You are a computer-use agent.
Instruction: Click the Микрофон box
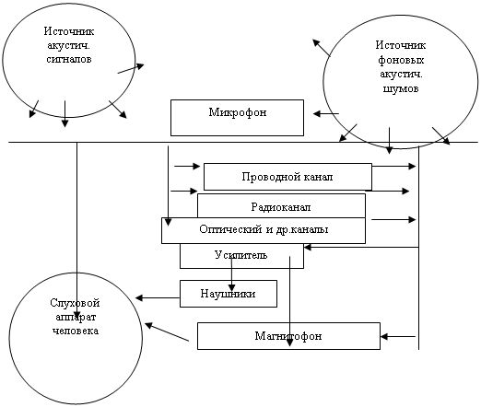(x=237, y=118)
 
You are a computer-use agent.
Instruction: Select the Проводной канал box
(x=287, y=177)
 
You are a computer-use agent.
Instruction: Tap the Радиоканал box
(x=281, y=205)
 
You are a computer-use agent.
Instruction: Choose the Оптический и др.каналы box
(x=264, y=230)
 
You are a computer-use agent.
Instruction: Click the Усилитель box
(x=241, y=256)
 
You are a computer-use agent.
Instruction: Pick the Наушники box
(x=229, y=294)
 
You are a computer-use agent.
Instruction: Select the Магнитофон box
(x=288, y=336)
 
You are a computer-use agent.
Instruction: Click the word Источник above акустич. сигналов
(x=69, y=31)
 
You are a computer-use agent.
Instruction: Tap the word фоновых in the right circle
(x=401, y=60)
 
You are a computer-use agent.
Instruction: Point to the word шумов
(x=401, y=88)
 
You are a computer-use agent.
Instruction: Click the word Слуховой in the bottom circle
(x=75, y=303)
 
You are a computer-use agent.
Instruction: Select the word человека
(x=76, y=331)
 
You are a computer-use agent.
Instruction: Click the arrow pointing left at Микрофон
(x=326, y=114)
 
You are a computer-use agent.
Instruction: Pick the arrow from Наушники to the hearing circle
(x=158, y=297)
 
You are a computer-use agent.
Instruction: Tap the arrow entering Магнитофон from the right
(x=398, y=337)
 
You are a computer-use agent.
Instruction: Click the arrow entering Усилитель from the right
(x=361, y=247)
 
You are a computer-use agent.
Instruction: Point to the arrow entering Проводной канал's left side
(x=187, y=166)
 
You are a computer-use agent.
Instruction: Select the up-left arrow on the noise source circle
(x=322, y=48)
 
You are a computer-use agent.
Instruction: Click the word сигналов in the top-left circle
(x=69, y=59)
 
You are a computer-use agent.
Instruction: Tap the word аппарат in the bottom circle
(x=76, y=318)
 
